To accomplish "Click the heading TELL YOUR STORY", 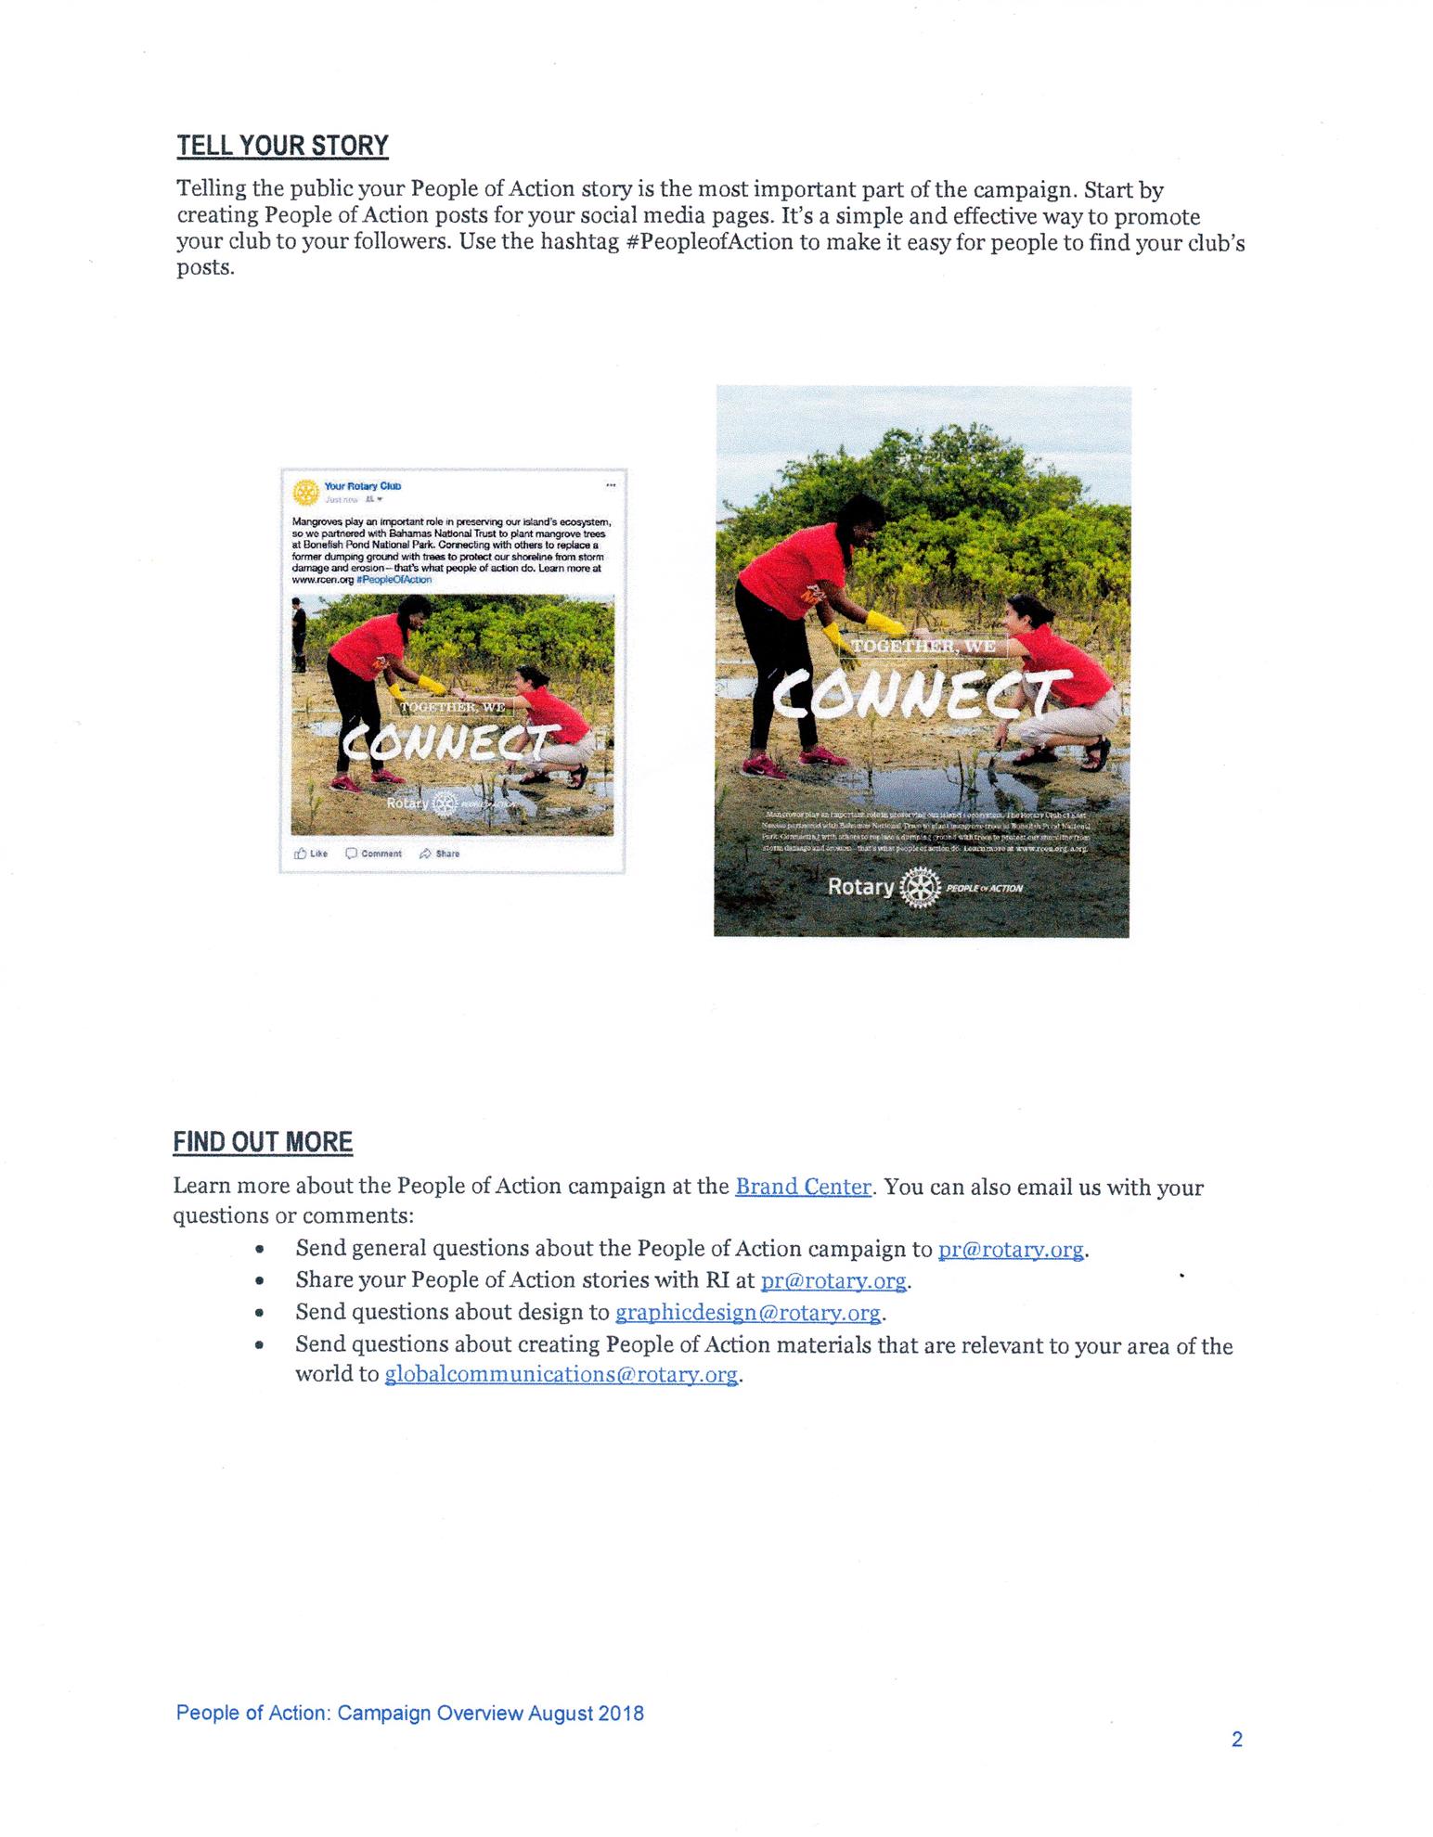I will (x=282, y=146).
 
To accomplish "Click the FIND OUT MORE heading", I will (x=263, y=1141).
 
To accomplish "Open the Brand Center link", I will (x=803, y=1187).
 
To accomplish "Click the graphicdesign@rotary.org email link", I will (x=748, y=1313).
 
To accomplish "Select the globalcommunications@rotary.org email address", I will (x=562, y=1374).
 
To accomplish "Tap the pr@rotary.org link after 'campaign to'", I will (x=1011, y=1250).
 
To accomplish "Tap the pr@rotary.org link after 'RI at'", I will (x=833, y=1281).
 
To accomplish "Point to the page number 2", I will (x=1236, y=1740).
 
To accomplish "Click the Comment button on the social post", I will (x=374, y=854).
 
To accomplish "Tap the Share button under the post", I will (x=440, y=854).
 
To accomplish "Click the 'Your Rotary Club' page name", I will (x=363, y=486).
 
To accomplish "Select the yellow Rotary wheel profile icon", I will (x=305, y=492).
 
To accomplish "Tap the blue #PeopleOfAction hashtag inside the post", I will (x=395, y=579).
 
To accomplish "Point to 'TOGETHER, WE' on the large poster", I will (x=923, y=646).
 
